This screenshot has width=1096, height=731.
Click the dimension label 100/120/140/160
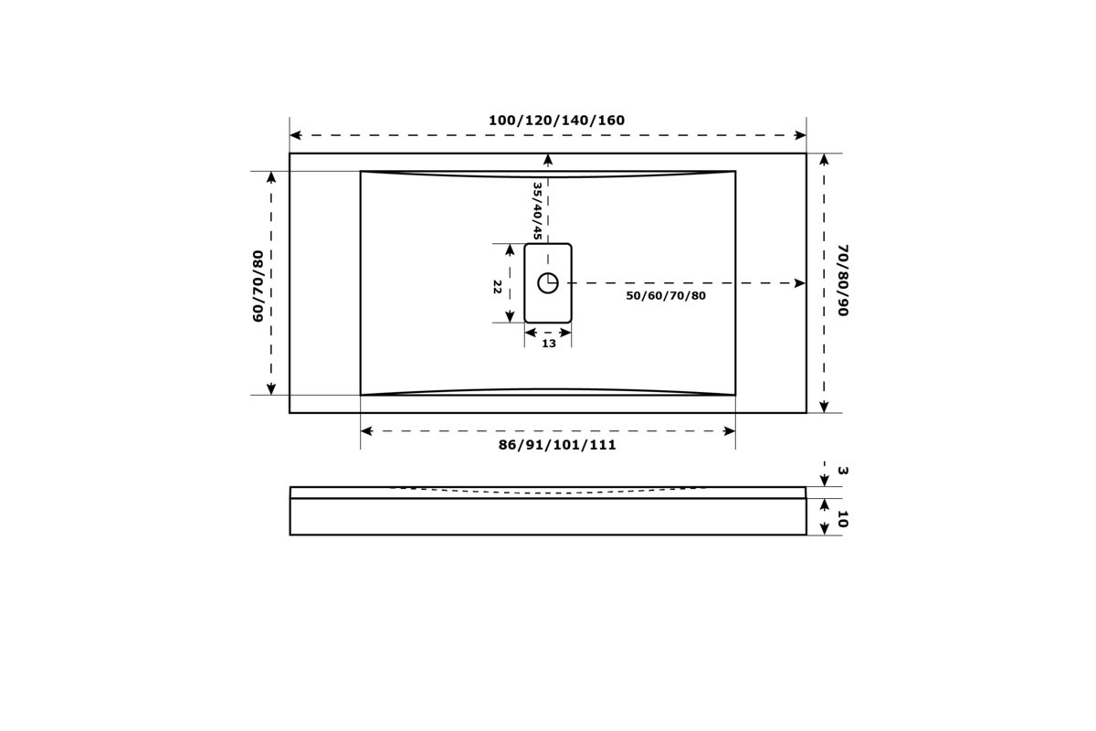[x=556, y=121]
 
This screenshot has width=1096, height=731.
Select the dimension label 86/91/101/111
[x=557, y=445]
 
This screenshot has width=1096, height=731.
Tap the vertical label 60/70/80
[x=258, y=286]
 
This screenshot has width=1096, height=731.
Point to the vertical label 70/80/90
[x=842, y=280]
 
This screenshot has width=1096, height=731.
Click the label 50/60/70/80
[x=666, y=296]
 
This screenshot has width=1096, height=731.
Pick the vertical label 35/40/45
[x=537, y=211]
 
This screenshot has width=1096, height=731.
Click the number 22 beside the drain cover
[x=497, y=287]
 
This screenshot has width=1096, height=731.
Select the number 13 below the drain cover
[x=549, y=344]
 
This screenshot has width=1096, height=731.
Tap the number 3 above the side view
[x=842, y=471]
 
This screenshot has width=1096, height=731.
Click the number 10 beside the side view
[x=842, y=519]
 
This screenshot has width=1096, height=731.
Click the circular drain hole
[x=548, y=283]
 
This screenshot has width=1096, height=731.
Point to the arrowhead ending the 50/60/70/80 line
[x=800, y=283]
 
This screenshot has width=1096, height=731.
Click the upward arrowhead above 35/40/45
[x=548, y=159]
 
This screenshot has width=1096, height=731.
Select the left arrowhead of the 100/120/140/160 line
[x=296, y=135]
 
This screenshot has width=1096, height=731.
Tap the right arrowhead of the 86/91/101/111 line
[x=730, y=431]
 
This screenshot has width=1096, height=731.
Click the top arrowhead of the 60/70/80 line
[x=271, y=177]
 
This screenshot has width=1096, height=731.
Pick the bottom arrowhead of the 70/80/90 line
[x=825, y=407]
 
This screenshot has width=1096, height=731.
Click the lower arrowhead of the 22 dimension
[x=510, y=317]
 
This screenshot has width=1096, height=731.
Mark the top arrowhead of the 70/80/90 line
[x=825, y=159]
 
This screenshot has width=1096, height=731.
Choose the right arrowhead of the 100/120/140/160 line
[x=800, y=135]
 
